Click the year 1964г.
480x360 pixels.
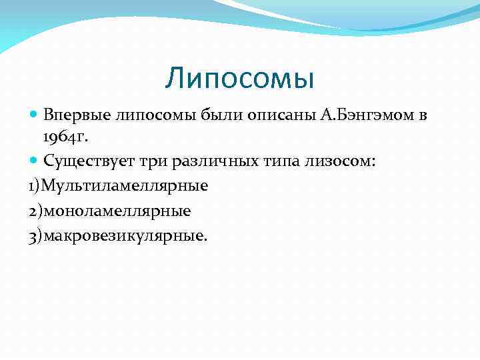pyautogui.click(x=66, y=137)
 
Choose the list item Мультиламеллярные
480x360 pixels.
pyautogui.click(x=125, y=185)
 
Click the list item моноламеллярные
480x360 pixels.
pyautogui.click(x=117, y=211)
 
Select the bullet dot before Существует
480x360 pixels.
pyautogui.click(x=35, y=161)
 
